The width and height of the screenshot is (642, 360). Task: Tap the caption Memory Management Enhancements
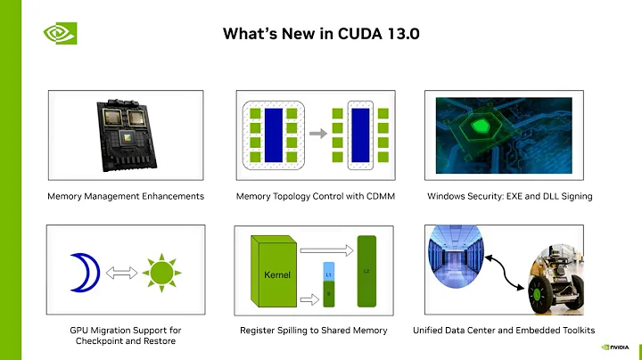(126, 195)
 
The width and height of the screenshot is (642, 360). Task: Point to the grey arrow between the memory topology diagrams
(316, 134)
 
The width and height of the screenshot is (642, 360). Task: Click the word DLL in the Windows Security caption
(555, 195)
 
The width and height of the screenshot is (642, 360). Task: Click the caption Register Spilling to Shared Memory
(313, 331)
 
